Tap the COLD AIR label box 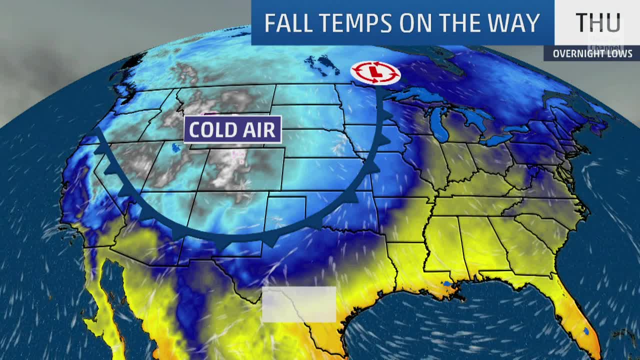232,129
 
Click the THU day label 598,23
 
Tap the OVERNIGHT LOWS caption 592,53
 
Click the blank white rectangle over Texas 299,304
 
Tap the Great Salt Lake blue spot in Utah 175,147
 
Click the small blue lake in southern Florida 585,330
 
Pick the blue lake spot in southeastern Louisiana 446,284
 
